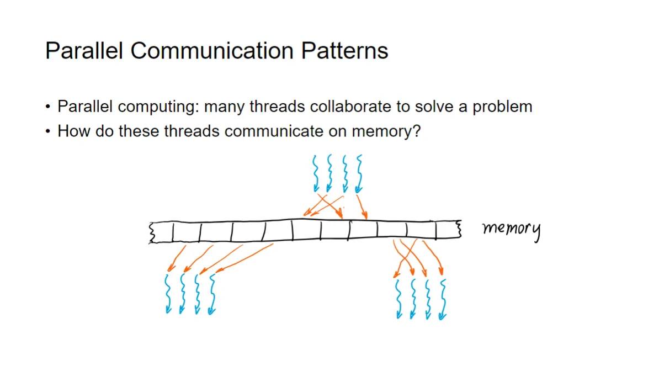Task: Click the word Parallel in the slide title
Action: pos(84,50)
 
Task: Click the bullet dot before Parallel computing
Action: pos(49,107)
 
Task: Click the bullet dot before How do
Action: pos(49,132)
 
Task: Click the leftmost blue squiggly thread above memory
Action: pos(316,172)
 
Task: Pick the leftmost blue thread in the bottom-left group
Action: pos(168,293)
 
